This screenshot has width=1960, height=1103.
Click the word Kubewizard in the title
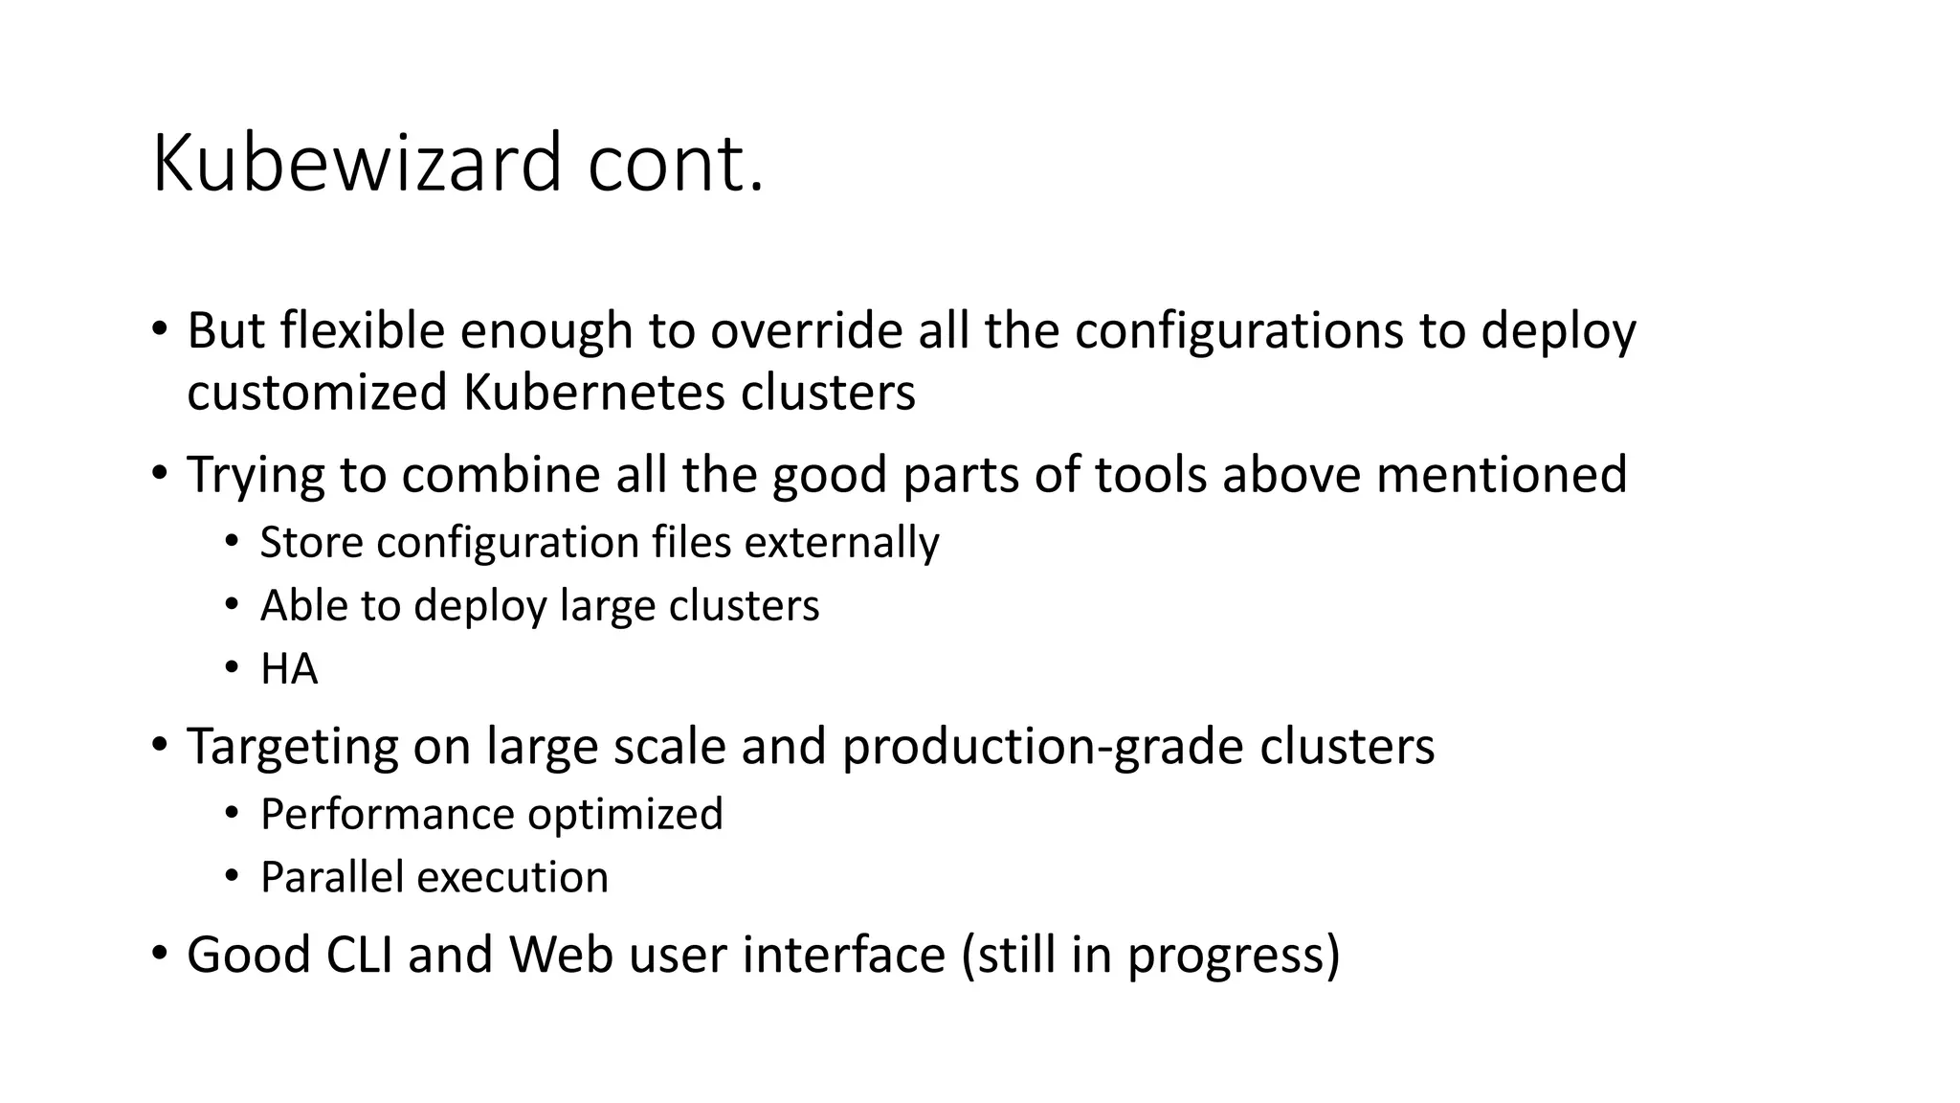coord(356,164)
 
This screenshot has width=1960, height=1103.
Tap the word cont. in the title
coord(676,164)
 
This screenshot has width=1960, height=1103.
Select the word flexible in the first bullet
coord(363,331)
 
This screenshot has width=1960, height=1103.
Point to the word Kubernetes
coord(594,393)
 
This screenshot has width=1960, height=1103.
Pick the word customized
coord(317,393)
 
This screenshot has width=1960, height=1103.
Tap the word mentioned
coord(1502,475)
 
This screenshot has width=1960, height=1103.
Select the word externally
coord(841,543)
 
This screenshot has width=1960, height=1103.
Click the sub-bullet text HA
coord(289,669)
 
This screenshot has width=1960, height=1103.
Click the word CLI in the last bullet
coord(360,956)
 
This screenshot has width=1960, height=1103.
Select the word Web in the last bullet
coord(561,956)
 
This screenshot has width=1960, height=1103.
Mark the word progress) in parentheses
coord(1234,956)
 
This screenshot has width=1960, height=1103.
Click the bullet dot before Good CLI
coord(160,954)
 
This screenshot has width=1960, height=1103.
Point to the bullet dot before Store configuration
coord(232,543)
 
